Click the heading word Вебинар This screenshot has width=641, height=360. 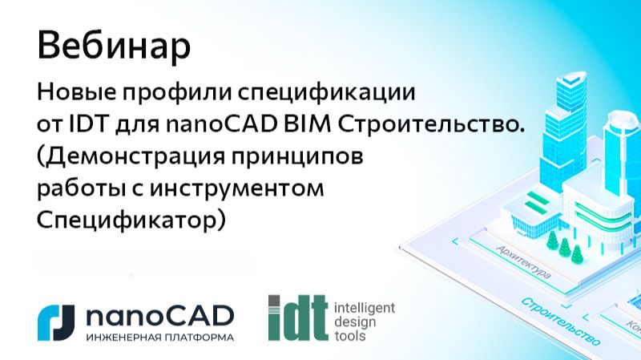114,47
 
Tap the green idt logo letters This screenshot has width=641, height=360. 298,318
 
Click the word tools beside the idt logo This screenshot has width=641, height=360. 349,336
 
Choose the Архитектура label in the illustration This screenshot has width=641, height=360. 523,261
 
